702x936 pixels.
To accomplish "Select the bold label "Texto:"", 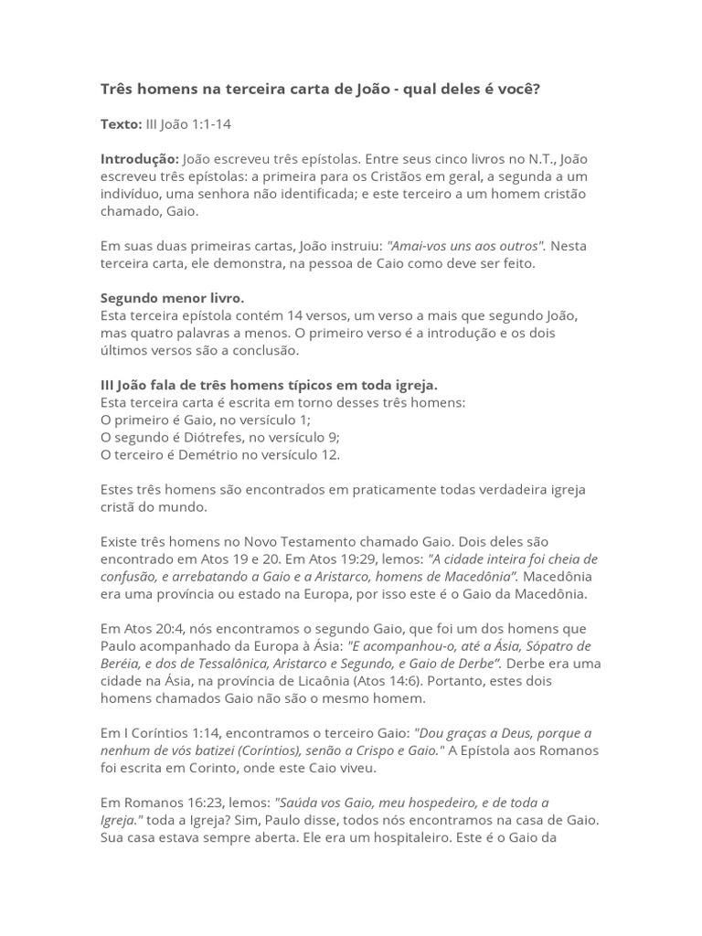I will [121, 123].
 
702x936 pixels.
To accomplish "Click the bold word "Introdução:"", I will [140, 159].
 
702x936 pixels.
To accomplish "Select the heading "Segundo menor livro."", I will [172, 298].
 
